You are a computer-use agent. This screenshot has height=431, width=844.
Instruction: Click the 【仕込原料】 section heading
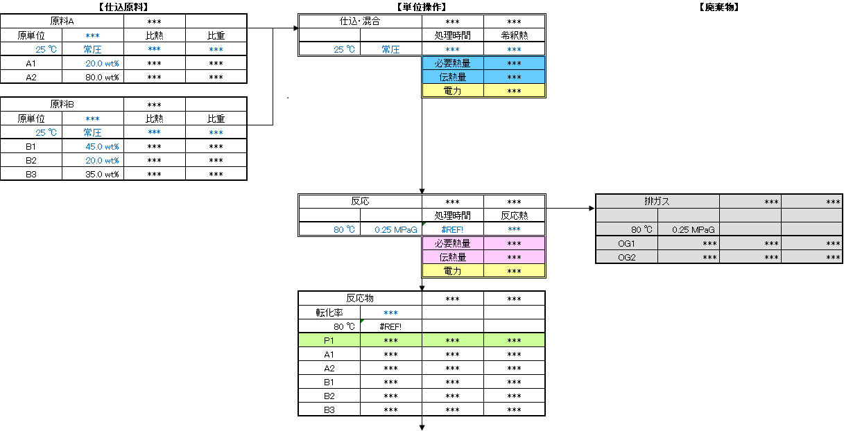coord(123,7)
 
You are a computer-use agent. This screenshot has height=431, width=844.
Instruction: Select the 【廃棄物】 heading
coord(718,7)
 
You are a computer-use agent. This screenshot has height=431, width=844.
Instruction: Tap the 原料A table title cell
coord(62,21)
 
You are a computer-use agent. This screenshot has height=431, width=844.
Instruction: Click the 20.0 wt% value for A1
coord(102,63)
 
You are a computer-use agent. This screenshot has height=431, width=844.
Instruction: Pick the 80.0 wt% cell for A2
coord(102,77)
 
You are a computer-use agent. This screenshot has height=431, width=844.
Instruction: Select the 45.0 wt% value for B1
coord(102,146)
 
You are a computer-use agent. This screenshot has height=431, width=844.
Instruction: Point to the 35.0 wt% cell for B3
coord(102,175)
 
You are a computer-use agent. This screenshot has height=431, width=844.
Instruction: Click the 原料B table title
coord(62,104)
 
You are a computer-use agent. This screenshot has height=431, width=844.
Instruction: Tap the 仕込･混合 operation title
coord(360,21)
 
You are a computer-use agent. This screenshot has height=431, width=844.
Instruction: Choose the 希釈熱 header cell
coord(515,35)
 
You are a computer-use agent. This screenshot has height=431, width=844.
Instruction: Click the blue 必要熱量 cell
coord(453,63)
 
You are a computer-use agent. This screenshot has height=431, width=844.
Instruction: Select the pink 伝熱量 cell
coord(453,257)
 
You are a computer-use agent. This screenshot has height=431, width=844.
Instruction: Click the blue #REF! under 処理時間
coord(452,229)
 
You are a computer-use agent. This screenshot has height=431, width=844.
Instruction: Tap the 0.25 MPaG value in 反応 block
coord(395,229)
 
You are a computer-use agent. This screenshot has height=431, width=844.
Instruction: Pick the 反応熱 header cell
coord(515,215)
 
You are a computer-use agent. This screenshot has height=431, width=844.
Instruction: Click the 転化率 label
coord(329,313)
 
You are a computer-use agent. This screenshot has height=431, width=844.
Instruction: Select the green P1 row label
coord(329,340)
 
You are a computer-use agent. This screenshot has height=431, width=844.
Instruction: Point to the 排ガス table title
coord(657,202)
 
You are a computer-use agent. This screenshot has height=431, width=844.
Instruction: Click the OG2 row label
coord(627,258)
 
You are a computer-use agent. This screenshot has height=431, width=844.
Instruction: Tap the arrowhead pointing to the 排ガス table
coord(592,208)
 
